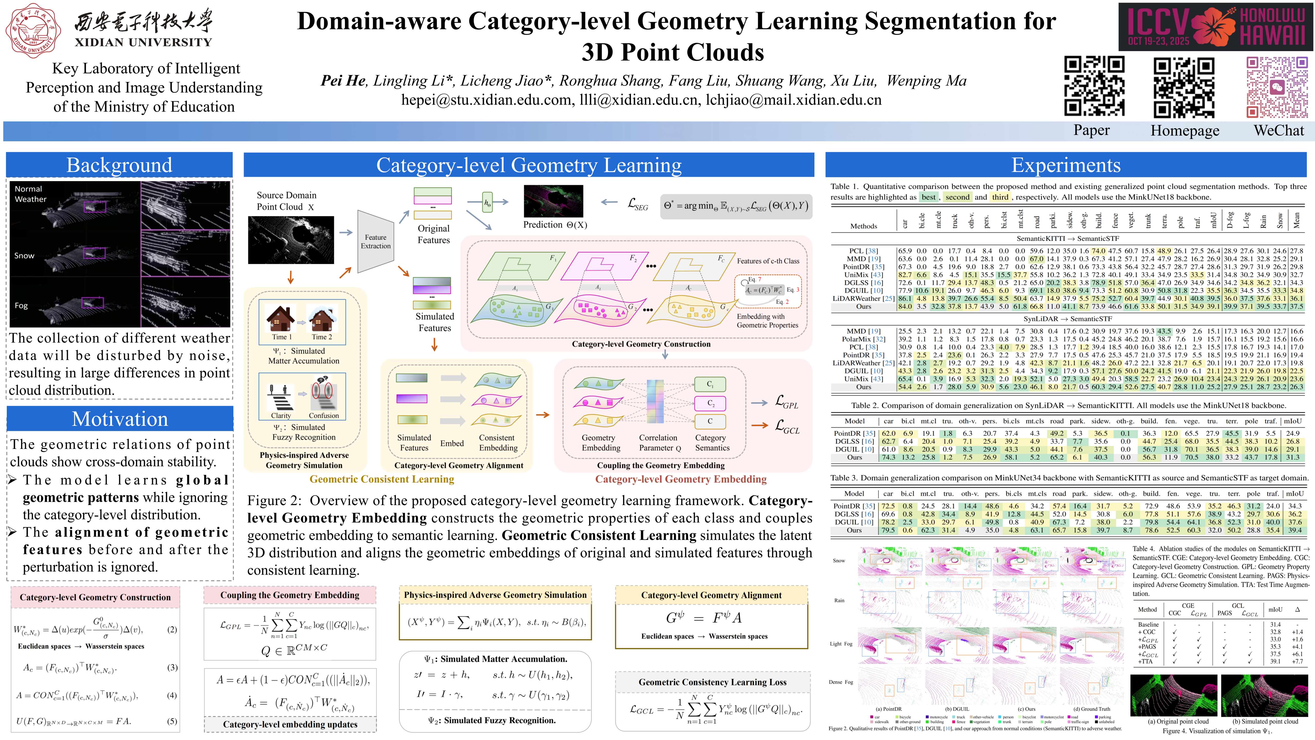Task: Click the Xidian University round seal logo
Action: [x=34, y=31]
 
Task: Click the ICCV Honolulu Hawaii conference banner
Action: [x=1215, y=26]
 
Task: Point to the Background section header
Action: [x=119, y=165]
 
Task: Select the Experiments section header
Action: [x=1066, y=165]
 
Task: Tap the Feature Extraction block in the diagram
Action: [x=376, y=242]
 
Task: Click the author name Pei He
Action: [x=343, y=81]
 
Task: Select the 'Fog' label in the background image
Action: [x=21, y=306]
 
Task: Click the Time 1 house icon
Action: [x=281, y=319]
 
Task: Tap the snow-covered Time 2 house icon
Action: [x=322, y=319]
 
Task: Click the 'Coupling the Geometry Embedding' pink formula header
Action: [x=289, y=595]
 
